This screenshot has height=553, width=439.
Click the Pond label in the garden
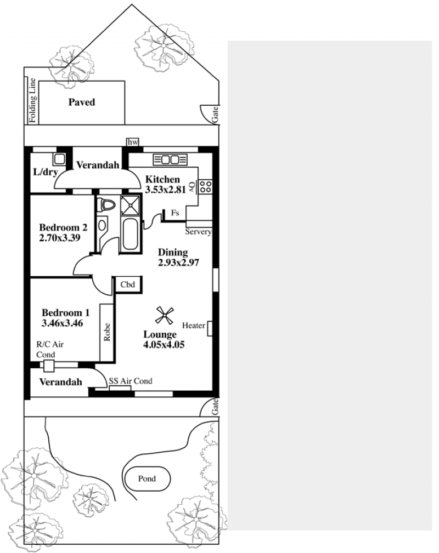[147, 478]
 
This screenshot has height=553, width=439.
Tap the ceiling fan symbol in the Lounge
[164, 316]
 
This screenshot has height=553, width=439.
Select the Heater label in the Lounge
[194, 326]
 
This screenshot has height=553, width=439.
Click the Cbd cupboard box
[127, 284]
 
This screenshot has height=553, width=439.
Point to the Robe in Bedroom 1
[107, 333]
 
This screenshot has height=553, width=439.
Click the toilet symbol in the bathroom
[106, 205]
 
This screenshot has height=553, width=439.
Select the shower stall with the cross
[130, 205]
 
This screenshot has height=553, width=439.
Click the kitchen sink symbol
[170, 160]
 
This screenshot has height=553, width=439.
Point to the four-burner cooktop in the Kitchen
[206, 186]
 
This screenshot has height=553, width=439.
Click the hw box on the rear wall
[132, 142]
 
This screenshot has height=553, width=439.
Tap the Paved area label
[82, 102]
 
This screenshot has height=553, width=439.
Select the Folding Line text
[32, 100]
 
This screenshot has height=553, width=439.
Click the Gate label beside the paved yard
[215, 115]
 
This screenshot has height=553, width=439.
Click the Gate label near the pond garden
[215, 407]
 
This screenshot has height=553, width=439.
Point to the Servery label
[198, 232]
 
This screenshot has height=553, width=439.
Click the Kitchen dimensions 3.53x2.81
[165, 190]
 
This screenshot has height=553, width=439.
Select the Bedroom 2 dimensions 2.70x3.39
[60, 238]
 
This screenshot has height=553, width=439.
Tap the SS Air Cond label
[130, 381]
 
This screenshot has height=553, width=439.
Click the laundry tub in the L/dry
[59, 159]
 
